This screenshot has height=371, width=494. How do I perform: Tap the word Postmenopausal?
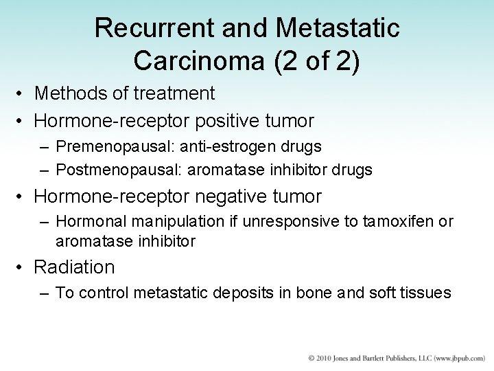[108, 170]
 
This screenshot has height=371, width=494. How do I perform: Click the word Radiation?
[74, 267]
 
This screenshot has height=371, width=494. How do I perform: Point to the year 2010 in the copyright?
[322, 359]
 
